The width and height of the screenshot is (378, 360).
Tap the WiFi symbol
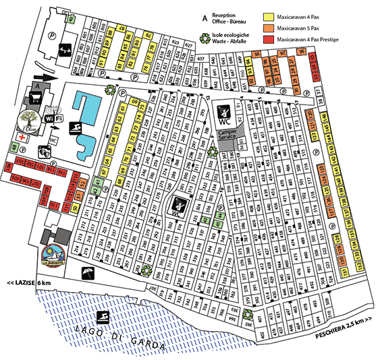click(x=53, y=118)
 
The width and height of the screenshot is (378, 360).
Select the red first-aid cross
click(x=22, y=137)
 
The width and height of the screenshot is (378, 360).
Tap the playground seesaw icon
click(x=65, y=50)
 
